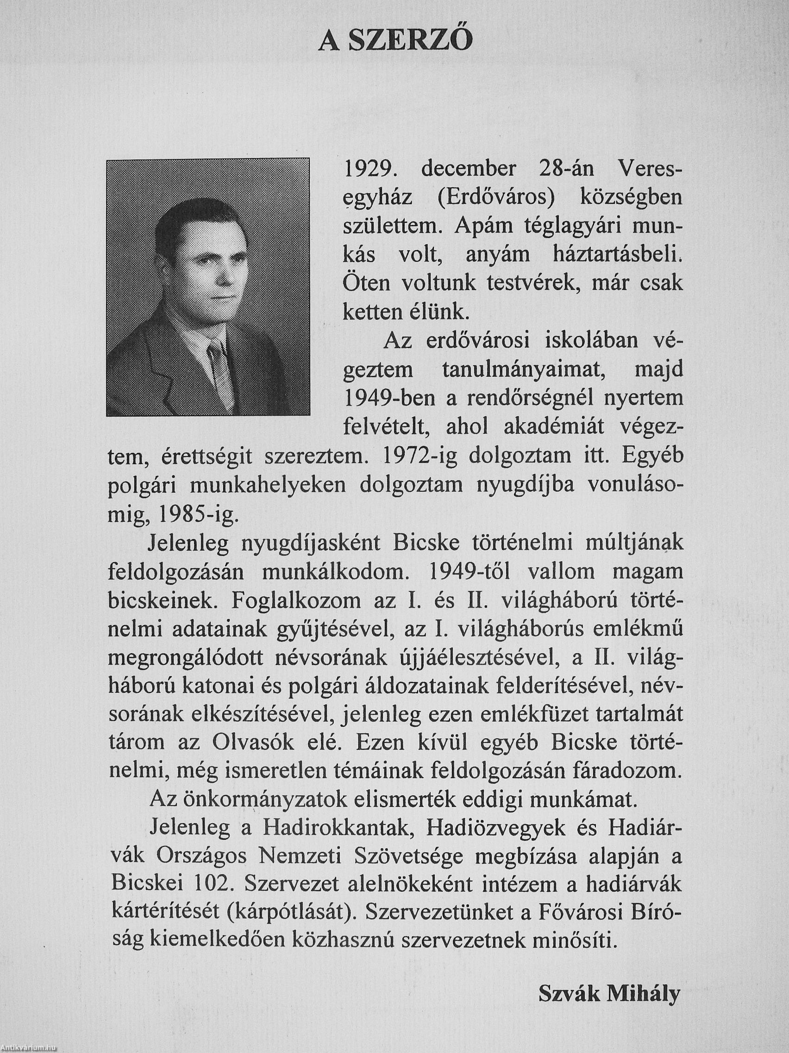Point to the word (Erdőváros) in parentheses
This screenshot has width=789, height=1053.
coord(496,197)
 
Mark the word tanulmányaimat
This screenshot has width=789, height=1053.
coord(520,369)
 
